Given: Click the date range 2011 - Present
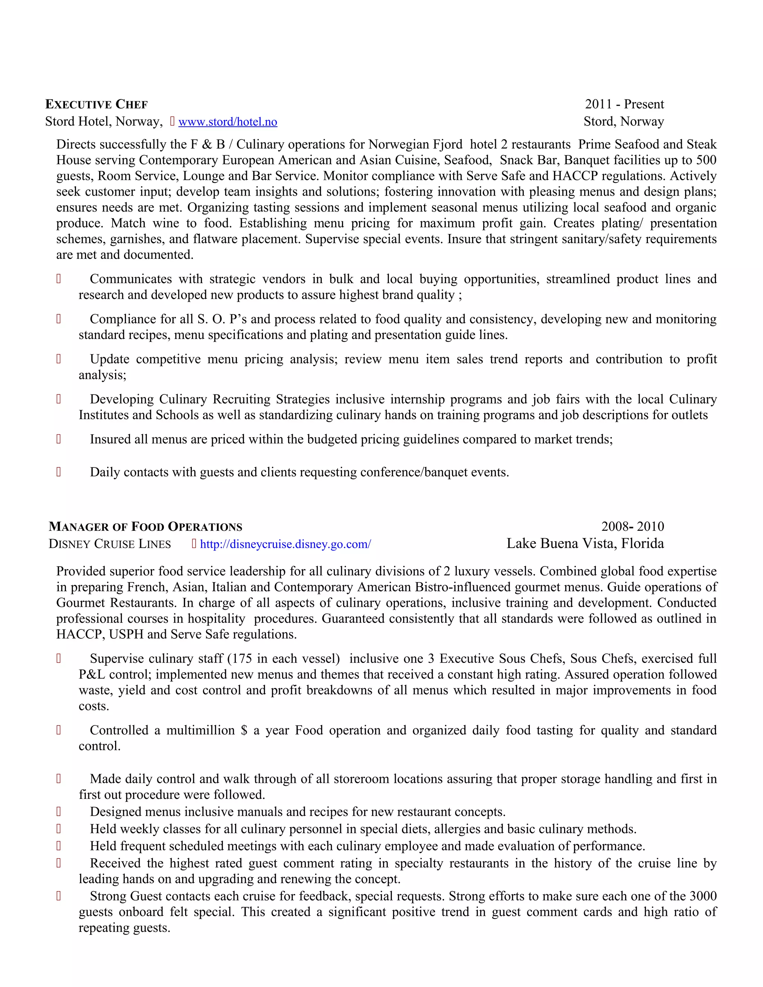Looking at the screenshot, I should pyautogui.click(x=624, y=104).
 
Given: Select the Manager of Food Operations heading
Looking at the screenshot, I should pyautogui.click(x=146, y=527).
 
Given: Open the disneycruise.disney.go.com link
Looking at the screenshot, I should pyautogui.click(x=285, y=544).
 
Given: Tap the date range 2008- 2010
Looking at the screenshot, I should pyautogui.click(x=632, y=527).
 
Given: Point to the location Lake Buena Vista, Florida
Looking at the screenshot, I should pyautogui.click(x=585, y=544).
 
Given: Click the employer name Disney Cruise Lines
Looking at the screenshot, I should pyautogui.click(x=110, y=544).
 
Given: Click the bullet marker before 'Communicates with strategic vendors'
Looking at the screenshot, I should pyautogui.click(x=58, y=279).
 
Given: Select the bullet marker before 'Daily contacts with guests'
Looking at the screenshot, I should pyautogui.click(x=58, y=472).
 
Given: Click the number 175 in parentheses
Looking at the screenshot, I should pyautogui.click(x=241, y=658).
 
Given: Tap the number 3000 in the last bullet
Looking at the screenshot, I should pyautogui.click(x=703, y=896).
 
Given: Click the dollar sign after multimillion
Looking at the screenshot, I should pyautogui.click(x=244, y=730).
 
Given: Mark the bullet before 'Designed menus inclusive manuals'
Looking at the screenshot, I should pyautogui.click(x=58, y=812).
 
